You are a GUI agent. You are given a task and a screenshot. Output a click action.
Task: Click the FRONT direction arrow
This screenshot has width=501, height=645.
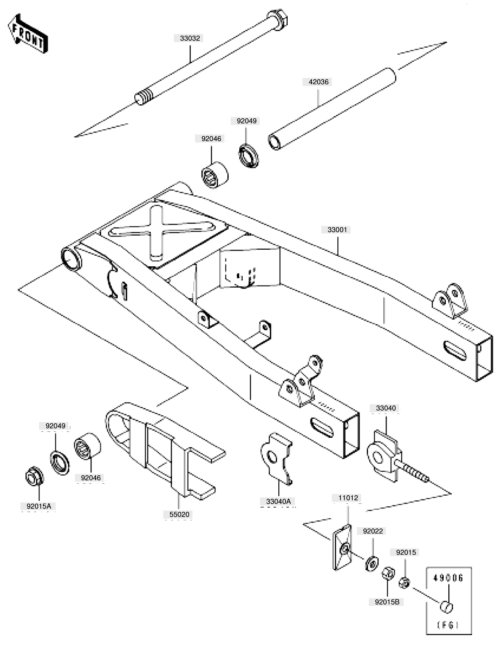click(x=28, y=34)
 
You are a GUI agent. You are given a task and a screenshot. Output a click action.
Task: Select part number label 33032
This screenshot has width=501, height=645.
click(x=190, y=38)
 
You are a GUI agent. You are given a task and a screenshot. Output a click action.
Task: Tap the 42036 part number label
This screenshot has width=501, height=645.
click(x=318, y=82)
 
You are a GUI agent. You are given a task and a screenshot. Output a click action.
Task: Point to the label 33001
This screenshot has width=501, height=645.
click(x=337, y=230)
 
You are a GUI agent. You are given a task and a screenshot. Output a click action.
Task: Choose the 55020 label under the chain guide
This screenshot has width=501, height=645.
click(x=179, y=514)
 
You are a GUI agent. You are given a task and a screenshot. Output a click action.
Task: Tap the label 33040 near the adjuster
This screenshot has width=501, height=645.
click(x=386, y=408)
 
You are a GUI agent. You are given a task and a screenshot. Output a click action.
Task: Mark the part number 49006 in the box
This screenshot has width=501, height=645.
click(x=448, y=578)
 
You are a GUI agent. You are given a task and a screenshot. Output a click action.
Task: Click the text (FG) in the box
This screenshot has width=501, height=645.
click(x=448, y=625)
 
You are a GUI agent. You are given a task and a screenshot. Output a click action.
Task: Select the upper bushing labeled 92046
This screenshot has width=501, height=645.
click(x=214, y=174)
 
